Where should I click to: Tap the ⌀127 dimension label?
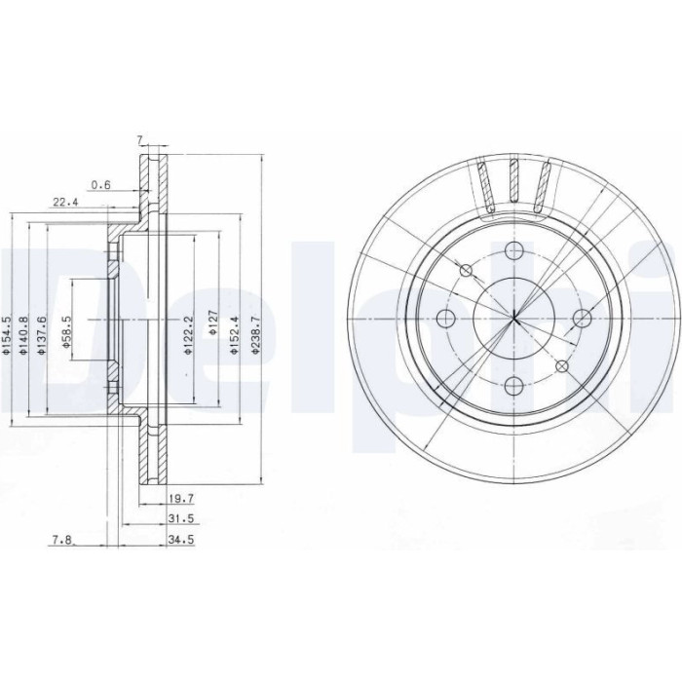(212, 322)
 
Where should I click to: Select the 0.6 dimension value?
(101, 185)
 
